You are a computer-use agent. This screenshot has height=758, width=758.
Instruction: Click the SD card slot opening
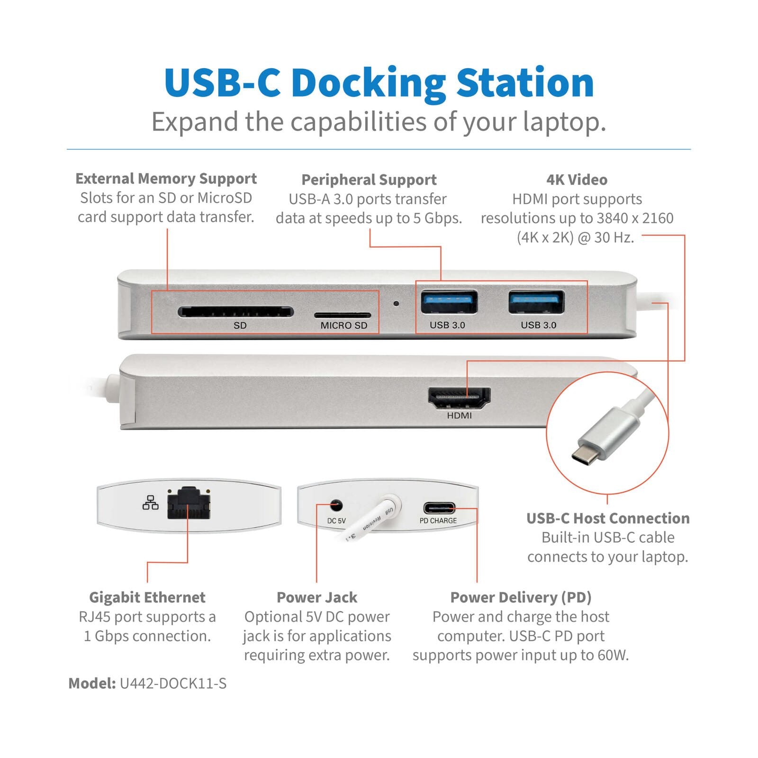235,312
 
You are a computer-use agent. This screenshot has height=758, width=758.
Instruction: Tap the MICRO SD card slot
343,315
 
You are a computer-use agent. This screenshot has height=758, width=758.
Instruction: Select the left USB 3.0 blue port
449,303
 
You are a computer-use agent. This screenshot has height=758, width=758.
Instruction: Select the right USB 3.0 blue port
536,302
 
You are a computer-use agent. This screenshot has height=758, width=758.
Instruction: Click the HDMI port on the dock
459,398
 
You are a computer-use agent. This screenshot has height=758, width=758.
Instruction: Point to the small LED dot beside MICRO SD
396,303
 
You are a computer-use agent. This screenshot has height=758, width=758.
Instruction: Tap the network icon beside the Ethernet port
151,503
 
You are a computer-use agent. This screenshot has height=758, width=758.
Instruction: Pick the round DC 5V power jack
336,505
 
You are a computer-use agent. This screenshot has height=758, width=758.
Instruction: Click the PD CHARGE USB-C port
439,508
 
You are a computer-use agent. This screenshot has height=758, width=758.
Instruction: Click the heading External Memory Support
166,179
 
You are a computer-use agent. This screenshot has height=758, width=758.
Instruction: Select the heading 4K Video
577,180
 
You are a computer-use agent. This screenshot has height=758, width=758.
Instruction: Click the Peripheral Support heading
369,180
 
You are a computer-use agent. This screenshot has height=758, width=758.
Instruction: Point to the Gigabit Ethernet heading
147,597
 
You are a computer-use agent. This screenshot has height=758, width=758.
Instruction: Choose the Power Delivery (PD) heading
521,597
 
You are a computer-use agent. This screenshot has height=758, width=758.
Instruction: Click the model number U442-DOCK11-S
173,684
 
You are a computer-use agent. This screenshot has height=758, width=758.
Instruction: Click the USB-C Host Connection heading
608,518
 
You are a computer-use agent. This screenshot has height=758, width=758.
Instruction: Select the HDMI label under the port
459,416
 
